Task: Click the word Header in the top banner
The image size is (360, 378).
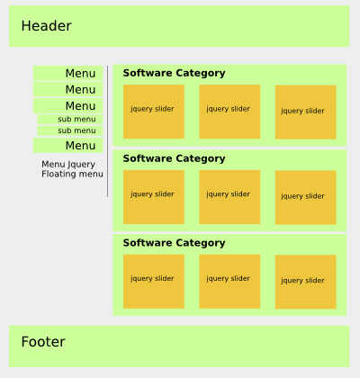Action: pyautogui.click(x=46, y=26)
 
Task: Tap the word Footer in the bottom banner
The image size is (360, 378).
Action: pyautogui.click(x=43, y=342)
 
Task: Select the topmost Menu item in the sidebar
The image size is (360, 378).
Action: pyautogui.click(x=68, y=73)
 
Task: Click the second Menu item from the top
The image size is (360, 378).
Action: pyautogui.click(x=68, y=89)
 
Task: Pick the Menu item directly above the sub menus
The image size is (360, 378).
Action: pyautogui.click(x=68, y=106)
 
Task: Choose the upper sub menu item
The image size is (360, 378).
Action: pyautogui.click(x=70, y=119)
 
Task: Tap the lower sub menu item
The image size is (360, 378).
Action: pyautogui.click(x=70, y=130)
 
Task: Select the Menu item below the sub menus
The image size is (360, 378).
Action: pyautogui.click(x=68, y=146)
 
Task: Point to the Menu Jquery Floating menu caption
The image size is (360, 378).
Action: pyautogui.click(x=72, y=169)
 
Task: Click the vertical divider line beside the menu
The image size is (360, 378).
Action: pyautogui.click(x=107, y=131)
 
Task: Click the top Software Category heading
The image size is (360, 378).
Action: pyautogui.click(x=174, y=73)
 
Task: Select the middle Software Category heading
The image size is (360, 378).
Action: pyautogui.click(x=174, y=158)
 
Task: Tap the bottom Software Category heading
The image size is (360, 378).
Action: pyautogui.click(x=174, y=243)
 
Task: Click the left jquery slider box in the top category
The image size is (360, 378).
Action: pyautogui.click(x=154, y=112)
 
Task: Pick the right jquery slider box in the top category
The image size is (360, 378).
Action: pyautogui.click(x=306, y=112)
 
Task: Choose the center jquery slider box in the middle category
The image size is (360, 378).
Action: pyautogui.click(x=229, y=197)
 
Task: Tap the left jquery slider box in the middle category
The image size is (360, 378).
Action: pyautogui.click(x=154, y=197)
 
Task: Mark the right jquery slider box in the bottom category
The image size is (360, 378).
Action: pyautogui.click(x=306, y=282)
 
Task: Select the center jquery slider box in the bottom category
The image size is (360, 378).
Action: pyautogui.click(x=229, y=282)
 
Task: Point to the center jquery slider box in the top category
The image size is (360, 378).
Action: pyautogui.click(x=229, y=112)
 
